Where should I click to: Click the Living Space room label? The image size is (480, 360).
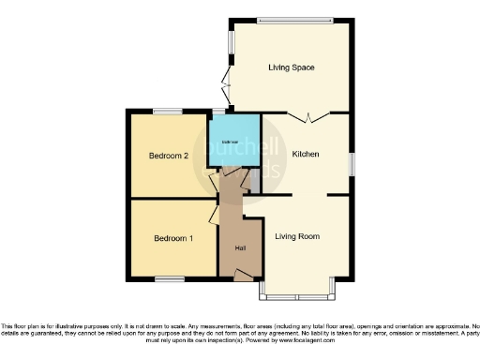click(x=291, y=67)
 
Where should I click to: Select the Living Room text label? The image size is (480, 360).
click(x=297, y=236)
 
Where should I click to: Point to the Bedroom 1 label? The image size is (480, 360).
click(x=173, y=238)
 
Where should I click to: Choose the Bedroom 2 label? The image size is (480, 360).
click(x=170, y=157)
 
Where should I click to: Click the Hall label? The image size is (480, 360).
click(x=240, y=247)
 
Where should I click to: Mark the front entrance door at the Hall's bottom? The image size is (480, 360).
click(x=244, y=274)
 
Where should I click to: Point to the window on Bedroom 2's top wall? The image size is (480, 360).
click(x=169, y=112)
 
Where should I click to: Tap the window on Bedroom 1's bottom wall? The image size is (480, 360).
click(x=169, y=277)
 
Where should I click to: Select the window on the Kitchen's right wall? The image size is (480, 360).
click(x=354, y=161)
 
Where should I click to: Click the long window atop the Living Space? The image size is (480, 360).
click(x=293, y=21)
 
